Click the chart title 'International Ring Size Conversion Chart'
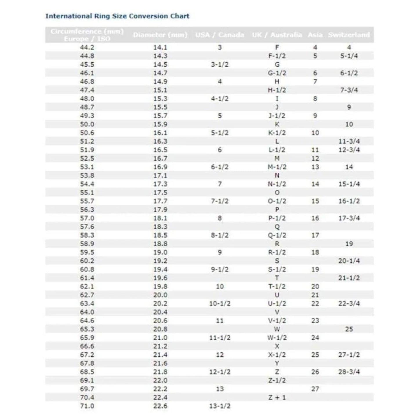tap(117, 16)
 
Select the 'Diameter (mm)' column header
tap(160, 35)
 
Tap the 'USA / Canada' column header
tap(220, 35)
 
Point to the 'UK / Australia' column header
tap(277, 35)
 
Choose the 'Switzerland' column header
tap(349, 35)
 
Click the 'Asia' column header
tap(315, 35)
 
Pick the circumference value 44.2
tap(87, 47)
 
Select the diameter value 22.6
tap(160, 406)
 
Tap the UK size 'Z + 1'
tap(277, 397)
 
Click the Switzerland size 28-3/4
tap(349, 372)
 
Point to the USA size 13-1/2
tap(220, 406)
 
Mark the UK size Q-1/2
tap(277, 235)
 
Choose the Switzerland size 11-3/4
tap(349, 141)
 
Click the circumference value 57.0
tap(87, 218)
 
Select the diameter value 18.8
tap(160, 244)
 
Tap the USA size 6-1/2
tap(220, 167)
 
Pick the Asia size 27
tap(315, 389)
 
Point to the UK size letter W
tap(277, 329)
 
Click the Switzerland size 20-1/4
tap(349, 261)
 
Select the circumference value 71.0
tap(87, 406)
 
